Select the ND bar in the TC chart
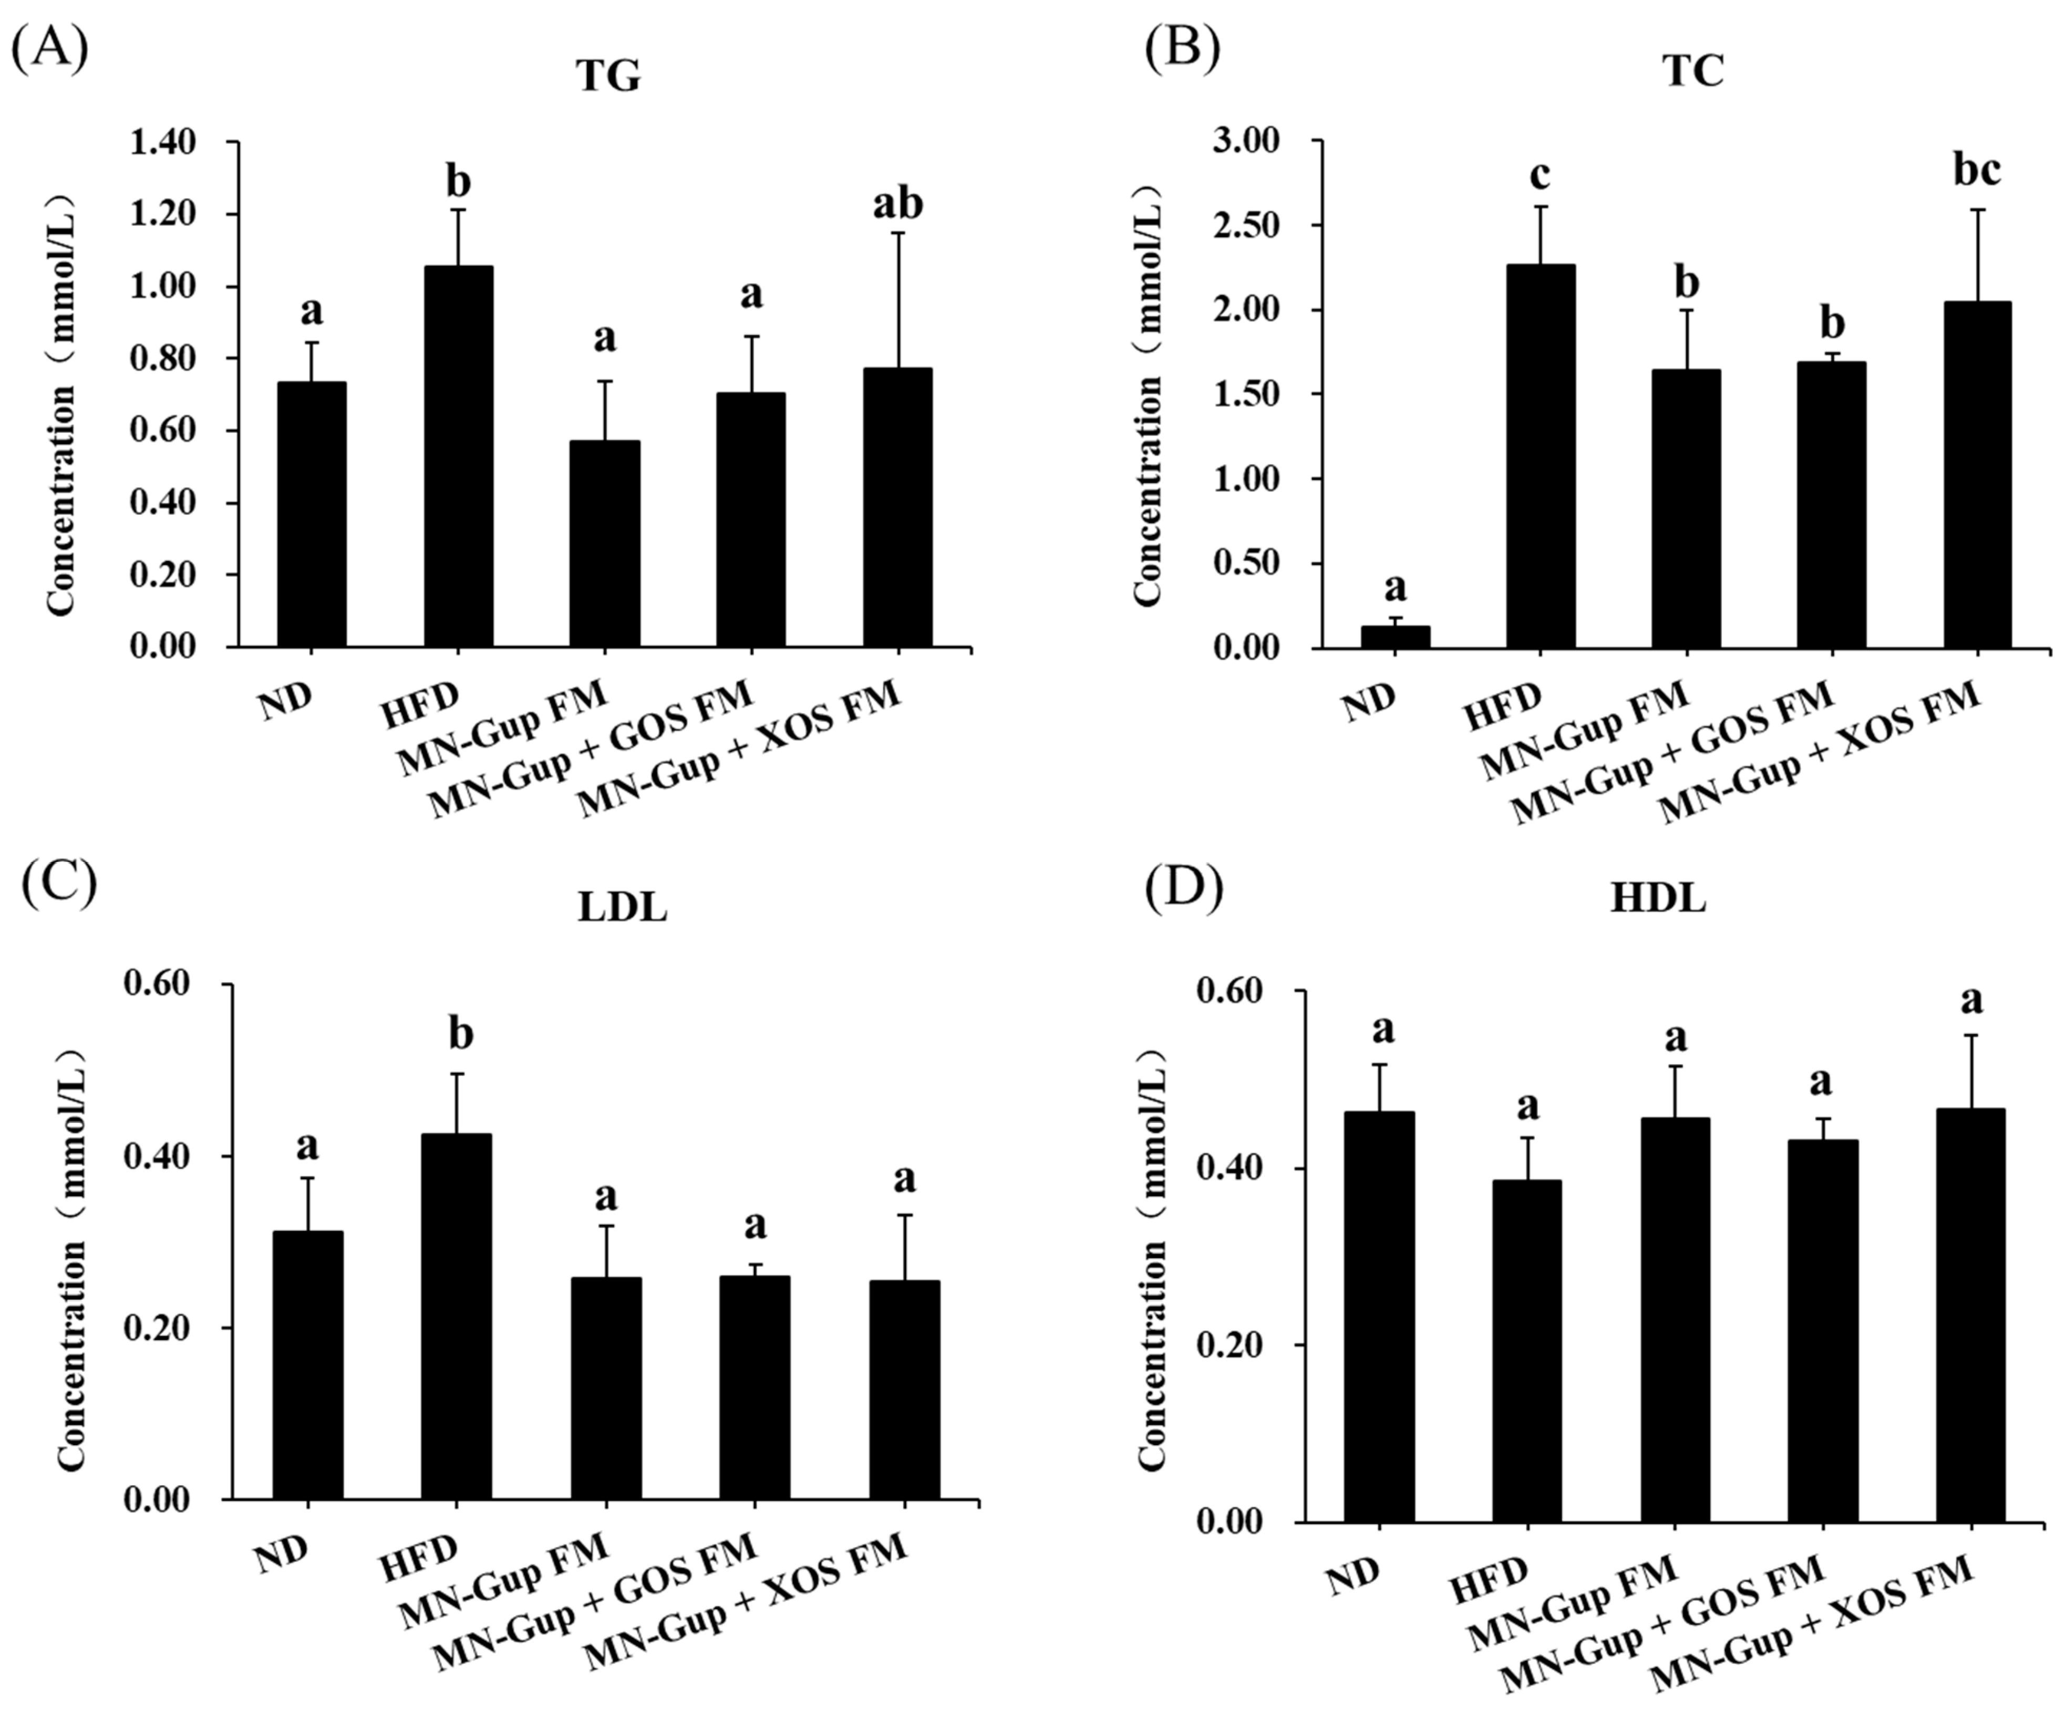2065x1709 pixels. click(x=1395, y=637)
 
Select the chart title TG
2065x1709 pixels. click(x=608, y=77)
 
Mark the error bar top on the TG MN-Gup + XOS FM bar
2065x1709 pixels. click(x=898, y=233)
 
